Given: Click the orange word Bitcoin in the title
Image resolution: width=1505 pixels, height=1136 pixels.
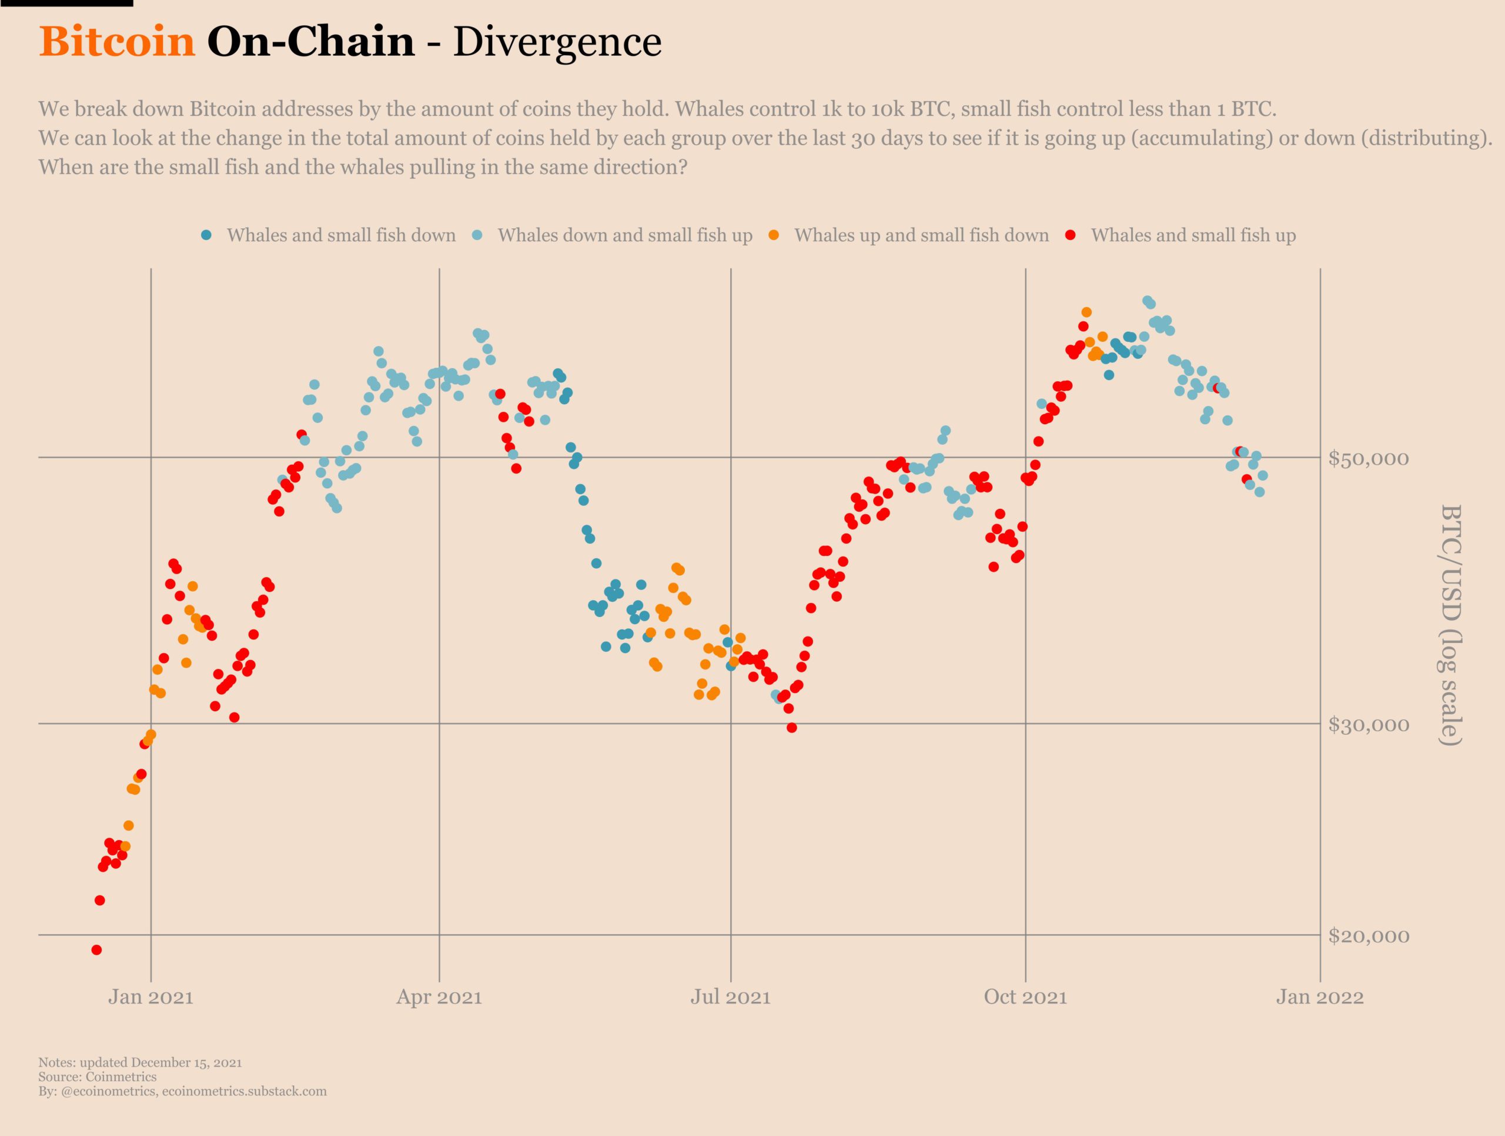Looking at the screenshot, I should tap(117, 42).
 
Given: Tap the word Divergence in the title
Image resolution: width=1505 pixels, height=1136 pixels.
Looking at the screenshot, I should tap(557, 42).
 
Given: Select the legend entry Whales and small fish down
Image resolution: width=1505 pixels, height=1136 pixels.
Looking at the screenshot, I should tap(341, 235).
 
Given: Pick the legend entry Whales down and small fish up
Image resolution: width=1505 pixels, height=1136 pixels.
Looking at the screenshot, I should tap(624, 235).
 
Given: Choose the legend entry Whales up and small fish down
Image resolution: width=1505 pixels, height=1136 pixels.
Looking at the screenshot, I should tap(921, 235).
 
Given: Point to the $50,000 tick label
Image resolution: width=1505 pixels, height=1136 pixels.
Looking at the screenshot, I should tap(1368, 459).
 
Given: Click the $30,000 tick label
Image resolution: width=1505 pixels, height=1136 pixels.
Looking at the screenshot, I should tap(1368, 725).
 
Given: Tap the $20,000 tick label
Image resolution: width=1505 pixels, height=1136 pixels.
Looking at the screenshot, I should tap(1368, 937).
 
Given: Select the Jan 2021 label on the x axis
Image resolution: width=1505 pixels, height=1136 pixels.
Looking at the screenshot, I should tap(151, 998).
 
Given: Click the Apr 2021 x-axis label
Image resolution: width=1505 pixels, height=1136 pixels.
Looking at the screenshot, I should tap(439, 998).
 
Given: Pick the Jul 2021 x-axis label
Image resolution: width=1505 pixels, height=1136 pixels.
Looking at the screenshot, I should tap(731, 998).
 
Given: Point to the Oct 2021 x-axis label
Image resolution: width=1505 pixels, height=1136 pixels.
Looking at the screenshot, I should tap(1025, 998).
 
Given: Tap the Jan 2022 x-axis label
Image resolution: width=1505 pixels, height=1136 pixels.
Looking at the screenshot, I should tap(1320, 998).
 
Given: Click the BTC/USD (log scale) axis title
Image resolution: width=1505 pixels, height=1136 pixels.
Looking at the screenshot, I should tap(1452, 625).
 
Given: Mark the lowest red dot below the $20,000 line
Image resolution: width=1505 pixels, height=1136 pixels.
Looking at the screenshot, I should tap(96, 950).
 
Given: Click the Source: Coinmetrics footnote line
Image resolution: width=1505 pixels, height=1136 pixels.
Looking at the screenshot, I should tap(97, 1077).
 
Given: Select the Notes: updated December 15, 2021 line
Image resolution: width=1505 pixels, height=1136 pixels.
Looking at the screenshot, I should tap(140, 1062).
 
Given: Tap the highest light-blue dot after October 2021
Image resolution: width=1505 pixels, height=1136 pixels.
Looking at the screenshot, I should tap(1147, 301).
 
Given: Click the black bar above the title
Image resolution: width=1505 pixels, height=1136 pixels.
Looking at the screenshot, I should tap(66, 4).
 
